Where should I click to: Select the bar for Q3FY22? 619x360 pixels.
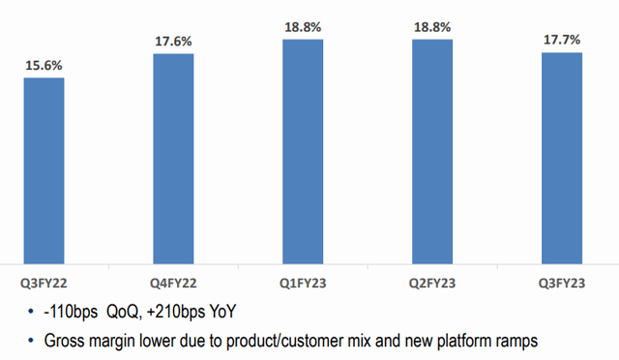tap(44, 169)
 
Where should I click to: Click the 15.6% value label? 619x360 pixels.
tap(44, 65)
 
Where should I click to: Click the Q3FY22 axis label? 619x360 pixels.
tap(44, 284)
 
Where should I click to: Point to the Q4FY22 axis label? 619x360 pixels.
tap(173, 284)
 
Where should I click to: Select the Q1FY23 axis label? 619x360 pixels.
tap(303, 284)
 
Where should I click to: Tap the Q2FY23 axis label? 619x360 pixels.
tap(432, 284)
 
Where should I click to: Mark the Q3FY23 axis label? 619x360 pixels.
tap(562, 284)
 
